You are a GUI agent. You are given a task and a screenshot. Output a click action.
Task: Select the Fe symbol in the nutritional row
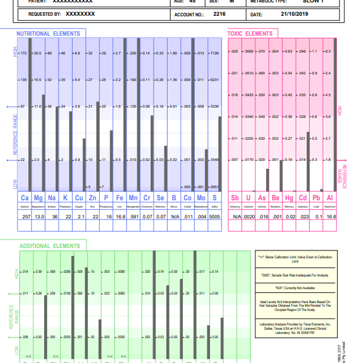point(119,198)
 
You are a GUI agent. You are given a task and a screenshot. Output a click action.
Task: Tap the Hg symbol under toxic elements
point(289,198)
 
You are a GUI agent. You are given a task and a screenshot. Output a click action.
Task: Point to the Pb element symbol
point(316,198)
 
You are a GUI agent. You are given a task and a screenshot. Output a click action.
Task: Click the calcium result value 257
point(26,216)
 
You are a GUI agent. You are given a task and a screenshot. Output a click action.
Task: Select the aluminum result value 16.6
point(330,216)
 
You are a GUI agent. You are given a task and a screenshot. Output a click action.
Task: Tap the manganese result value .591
point(133,216)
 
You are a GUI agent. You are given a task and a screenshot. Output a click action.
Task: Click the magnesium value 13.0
point(39,216)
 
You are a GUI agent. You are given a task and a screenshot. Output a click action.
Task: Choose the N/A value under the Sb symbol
point(236,216)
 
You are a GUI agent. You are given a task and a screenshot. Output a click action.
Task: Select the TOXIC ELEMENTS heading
point(249,34)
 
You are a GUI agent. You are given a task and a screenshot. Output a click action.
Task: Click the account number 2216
point(219,13)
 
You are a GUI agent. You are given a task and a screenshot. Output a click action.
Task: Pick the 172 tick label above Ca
point(23,53)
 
